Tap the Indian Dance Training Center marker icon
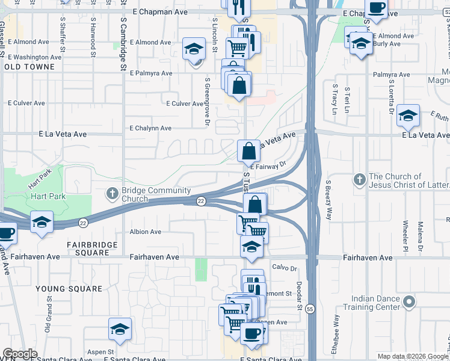pos(410,301)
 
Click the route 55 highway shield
pos(310,309)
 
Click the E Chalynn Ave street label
pos(150,128)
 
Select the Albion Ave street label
pos(146,232)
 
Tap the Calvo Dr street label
pos(285,268)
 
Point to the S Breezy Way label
pos(328,200)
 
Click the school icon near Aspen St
pos(120,329)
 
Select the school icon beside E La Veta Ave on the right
pos(408,116)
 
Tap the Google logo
pos(20,354)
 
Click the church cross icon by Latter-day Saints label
pos(359,179)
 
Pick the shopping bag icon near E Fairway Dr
pos(248,150)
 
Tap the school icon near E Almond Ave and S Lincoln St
pos(194,48)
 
